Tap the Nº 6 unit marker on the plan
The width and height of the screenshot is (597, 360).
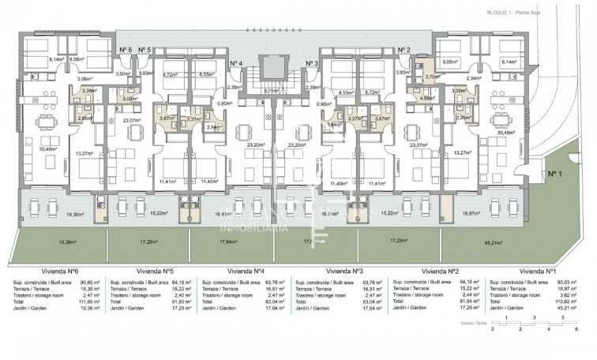point(126,50)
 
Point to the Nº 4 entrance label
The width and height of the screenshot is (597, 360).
point(236,63)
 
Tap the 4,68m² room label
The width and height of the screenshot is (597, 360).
point(416,99)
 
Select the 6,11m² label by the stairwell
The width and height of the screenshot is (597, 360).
point(271,91)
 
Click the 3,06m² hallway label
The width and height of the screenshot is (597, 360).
point(84,79)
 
